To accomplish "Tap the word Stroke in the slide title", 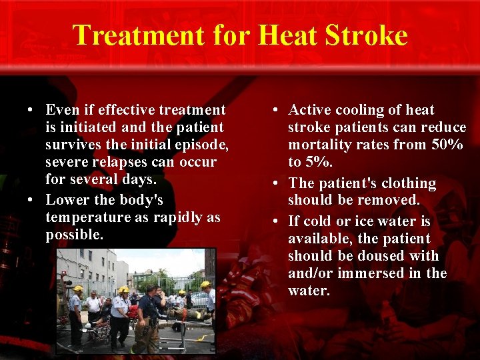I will click(x=364, y=35).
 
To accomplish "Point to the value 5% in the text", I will click(x=319, y=162).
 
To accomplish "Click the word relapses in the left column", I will click(x=119, y=162).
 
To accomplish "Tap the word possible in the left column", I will click(x=73, y=235).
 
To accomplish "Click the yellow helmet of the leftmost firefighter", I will click(x=78, y=289).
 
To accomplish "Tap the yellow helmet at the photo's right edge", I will click(x=206, y=285).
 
